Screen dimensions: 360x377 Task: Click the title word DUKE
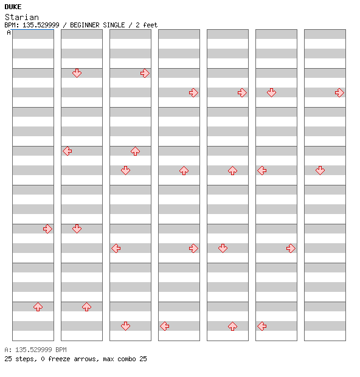pyautogui.click(x=13, y=7)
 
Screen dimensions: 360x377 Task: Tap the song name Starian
pyautogui.click(x=22, y=17)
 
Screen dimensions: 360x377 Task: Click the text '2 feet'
pyautogui.click(x=147, y=25)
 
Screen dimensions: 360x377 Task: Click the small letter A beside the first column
pyautogui.click(x=9, y=32)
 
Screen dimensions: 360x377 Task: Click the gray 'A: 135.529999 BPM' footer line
pyautogui.click(x=36, y=350)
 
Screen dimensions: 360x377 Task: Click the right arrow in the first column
pyautogui.click(x=47, y=229)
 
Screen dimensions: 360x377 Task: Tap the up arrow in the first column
pyautogui.click(x=38, y=307)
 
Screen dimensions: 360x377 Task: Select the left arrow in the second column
pyautogui.click(x=67, y=151)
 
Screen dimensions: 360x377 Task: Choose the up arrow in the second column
pyautogui.click(x=86, y=307)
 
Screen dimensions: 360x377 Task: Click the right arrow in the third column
pyautogui.click(x=145, y=73)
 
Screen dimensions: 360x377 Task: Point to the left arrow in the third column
pyautogui.click(x=116, y=248)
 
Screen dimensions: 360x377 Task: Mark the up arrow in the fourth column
pyautogui.click(x=184, y=170)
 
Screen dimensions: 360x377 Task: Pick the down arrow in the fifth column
pyautogui.click(x=223, y=248)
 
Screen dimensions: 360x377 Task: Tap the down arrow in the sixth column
pyautogui.click(x=271, y=92)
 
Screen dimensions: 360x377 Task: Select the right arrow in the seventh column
pyautogui.click(x=339, y=92)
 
